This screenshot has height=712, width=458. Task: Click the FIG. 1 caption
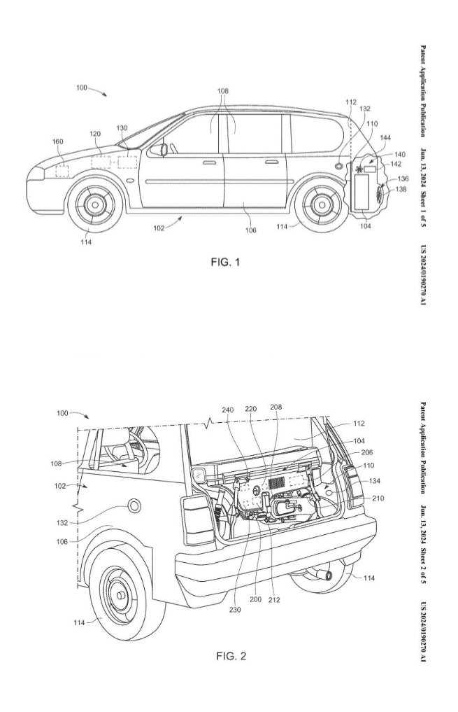(x=224, y=263)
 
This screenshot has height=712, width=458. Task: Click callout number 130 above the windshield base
(x=122, y=128)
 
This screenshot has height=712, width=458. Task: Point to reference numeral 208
(x=275, y=407)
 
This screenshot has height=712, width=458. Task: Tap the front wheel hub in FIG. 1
(x=92, y=205)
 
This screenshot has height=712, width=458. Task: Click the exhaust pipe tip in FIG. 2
(x=324, y=574)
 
